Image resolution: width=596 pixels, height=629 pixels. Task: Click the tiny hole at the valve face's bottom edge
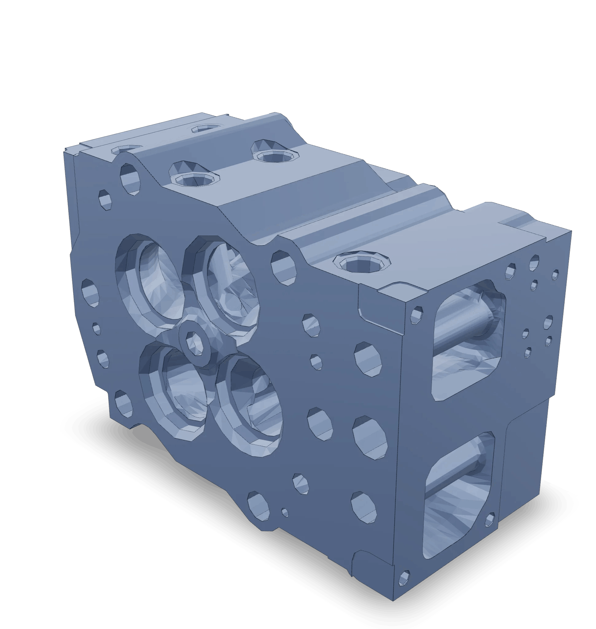point(285,512)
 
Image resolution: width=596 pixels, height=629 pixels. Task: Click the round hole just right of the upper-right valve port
point(283,268)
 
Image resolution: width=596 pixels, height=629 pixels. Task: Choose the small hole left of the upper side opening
point(416,315)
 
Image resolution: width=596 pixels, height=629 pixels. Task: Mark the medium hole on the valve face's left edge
point(91,292)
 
